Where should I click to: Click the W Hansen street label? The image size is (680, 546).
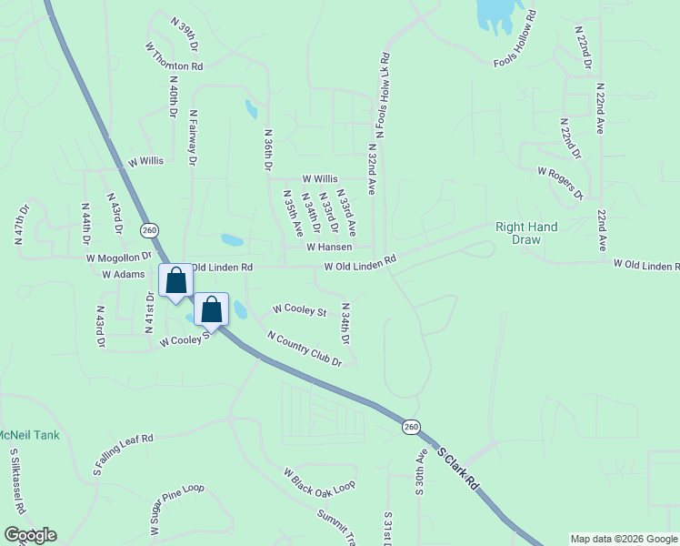[x=329, y=247]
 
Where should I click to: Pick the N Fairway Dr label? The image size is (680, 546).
[x=193, y=137]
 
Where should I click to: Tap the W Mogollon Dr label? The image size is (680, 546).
[x=118, y=258]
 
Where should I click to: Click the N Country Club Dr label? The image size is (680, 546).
[x=304, y=349]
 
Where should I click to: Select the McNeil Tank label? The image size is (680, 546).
[x=28, y=435]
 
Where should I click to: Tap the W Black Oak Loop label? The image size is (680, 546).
[x=318, y=481]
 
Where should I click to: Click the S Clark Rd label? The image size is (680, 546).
[x=457, y=468]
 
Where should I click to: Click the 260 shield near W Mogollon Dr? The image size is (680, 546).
[x=150, y=229]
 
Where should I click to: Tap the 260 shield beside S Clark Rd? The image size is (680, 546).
[x=412, y=427]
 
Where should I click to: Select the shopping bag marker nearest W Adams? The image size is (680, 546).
[x=175, y=280]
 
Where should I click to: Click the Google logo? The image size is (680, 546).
[x=30, y=535]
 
